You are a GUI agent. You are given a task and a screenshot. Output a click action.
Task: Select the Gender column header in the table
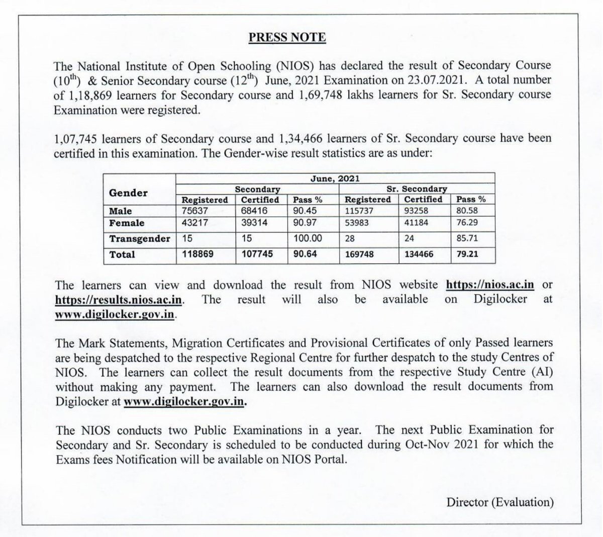click(x=128, y=193)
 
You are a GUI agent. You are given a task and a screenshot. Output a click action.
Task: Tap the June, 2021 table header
click(x=335, y=178)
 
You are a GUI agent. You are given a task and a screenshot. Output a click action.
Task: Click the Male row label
click(x=121, y=211)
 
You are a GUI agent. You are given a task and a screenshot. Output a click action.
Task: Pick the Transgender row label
click(x=140, y=238)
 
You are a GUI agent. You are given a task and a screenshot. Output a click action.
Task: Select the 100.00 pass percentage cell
click(x=308, y=238)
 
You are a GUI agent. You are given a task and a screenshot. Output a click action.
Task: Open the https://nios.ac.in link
click(x=490, y=285)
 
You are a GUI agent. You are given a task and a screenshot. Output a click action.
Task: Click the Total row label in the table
click(x=122, y=254)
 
